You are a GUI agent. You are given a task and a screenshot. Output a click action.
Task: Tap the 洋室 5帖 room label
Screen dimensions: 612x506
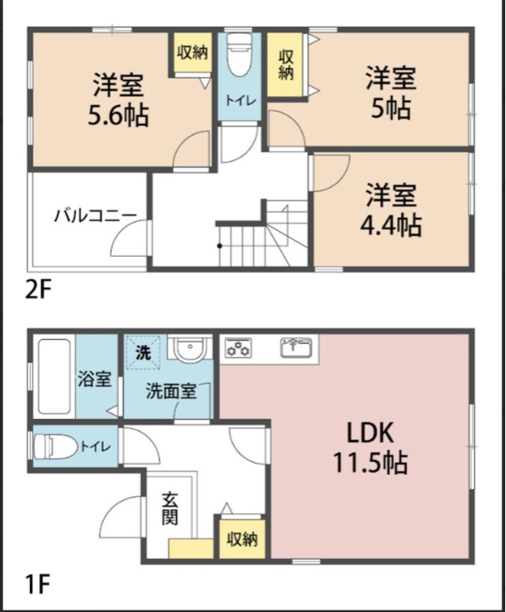pos(390,94)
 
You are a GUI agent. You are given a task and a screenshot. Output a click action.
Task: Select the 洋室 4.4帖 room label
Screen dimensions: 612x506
pos(392,210)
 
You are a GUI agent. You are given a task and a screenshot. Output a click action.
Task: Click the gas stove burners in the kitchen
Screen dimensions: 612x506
pos(238,347)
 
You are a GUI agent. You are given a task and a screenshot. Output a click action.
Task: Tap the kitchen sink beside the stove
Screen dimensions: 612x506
pos(298,347)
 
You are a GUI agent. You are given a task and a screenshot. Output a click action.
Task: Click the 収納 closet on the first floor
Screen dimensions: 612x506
pos(242,539)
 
